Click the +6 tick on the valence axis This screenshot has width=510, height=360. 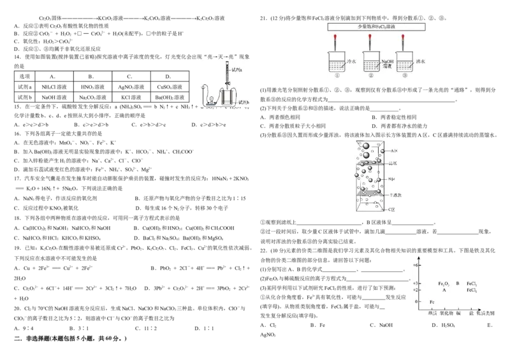pyautogui.click(x=416, y=264)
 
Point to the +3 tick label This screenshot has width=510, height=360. pyautogui.click(x=416, y=283)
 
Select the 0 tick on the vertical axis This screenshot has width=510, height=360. pyautogui.click(x=417, y=301)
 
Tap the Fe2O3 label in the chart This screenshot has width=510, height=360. pyautogui.click(x=444, y=283)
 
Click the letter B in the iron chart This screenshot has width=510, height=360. pyautogui.click(x=458, y=283)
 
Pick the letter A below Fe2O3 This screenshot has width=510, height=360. pyautogui.click(x=444, y=290)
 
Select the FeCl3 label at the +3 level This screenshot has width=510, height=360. pyautogui.click(x=472, y=283)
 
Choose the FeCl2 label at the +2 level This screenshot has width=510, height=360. pyautogui.click(x=472, y=290)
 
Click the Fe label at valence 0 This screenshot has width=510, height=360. pyautogui.click(x=433, y=301)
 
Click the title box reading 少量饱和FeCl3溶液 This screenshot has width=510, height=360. pyautogui.click(x=376, y=27)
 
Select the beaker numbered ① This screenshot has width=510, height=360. pyautogui.click(x=338, y=64)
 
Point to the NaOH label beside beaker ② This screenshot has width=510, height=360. pyautogui.click(x=388, y=62)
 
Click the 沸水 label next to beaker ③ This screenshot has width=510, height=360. pyautogui.click(x=420, y=62)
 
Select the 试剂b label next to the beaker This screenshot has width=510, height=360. pyautogui.click(x=244, y=102)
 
